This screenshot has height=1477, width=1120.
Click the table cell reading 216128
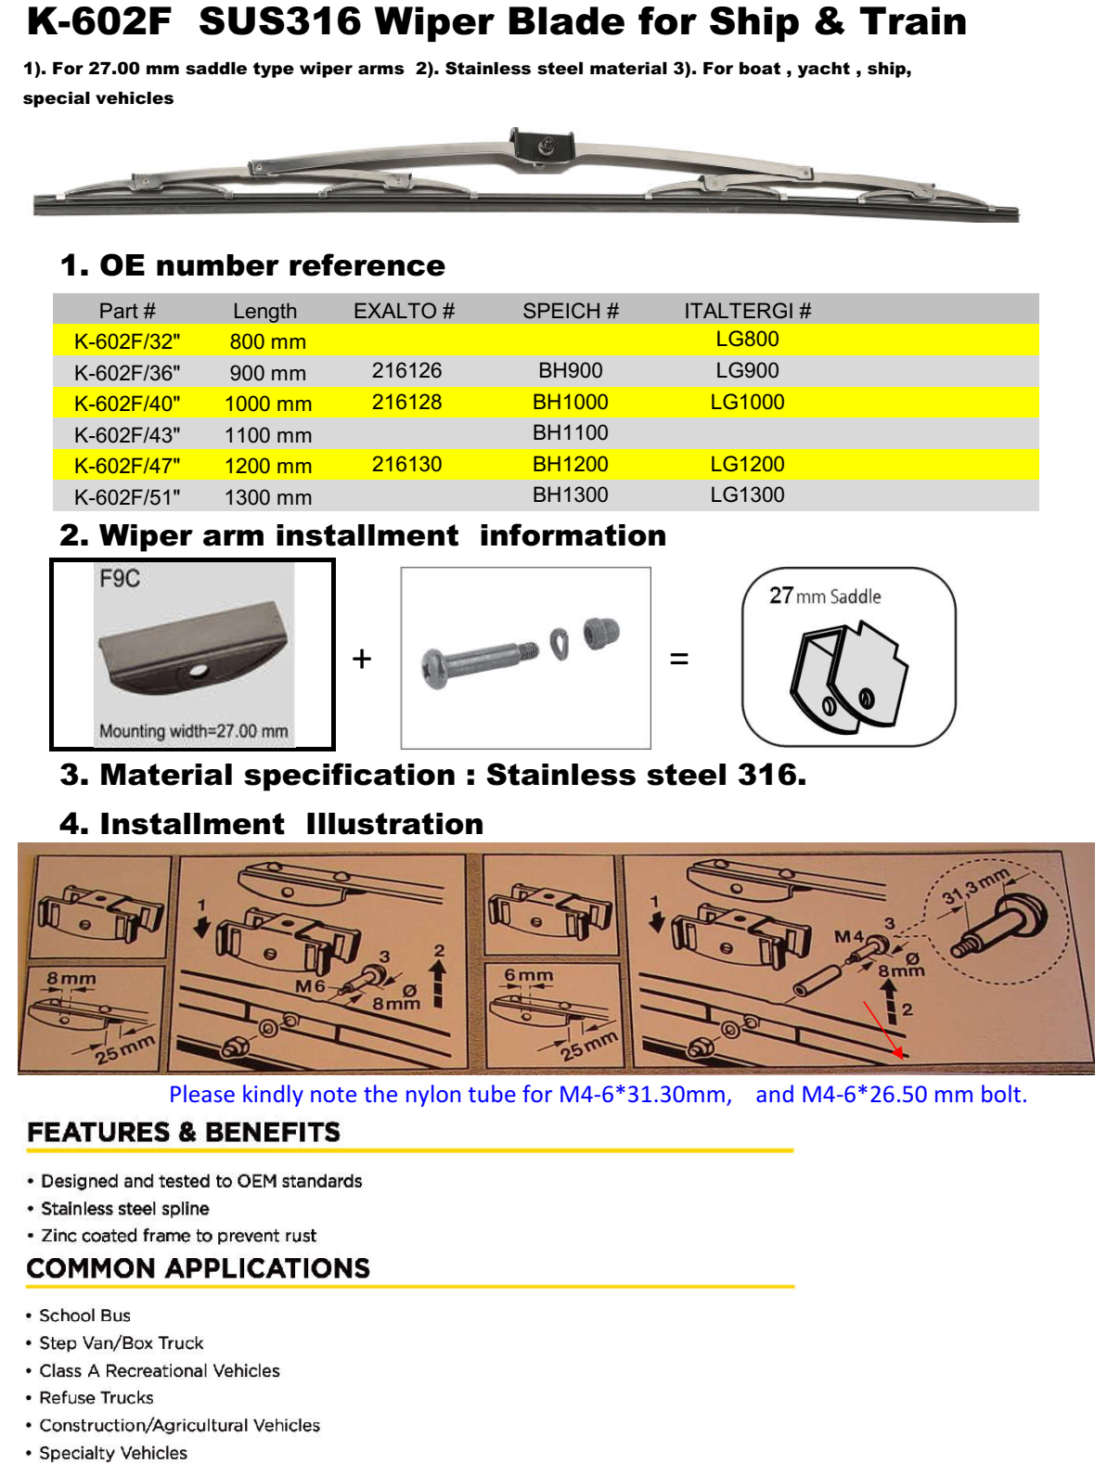(406, 402)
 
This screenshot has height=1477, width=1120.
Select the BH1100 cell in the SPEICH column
(570, 432)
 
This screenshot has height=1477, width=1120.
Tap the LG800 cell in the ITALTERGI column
(747, 339)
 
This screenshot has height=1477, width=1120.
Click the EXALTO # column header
(404, 311)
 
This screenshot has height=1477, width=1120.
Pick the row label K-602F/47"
(127, 466)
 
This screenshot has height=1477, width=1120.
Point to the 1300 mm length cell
(267, 497)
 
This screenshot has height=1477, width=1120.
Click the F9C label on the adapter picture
(120, 579)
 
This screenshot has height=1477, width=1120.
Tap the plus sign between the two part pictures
(362, 659)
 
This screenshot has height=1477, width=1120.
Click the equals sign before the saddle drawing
(679, 659)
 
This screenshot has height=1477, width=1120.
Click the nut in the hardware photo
(600, 634)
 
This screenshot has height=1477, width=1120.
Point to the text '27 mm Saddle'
(825, 596)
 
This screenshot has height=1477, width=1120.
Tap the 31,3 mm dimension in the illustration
(974, 885)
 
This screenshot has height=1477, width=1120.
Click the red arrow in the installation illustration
(883, 1029)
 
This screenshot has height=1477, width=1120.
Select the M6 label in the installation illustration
(310, 986)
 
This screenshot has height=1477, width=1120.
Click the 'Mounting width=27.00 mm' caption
(193, 731)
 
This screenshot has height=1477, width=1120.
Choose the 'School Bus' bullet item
(84, 1316)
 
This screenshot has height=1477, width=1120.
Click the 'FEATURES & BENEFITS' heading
(184, 1132)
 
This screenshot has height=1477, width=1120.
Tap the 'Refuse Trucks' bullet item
(96, 1397)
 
